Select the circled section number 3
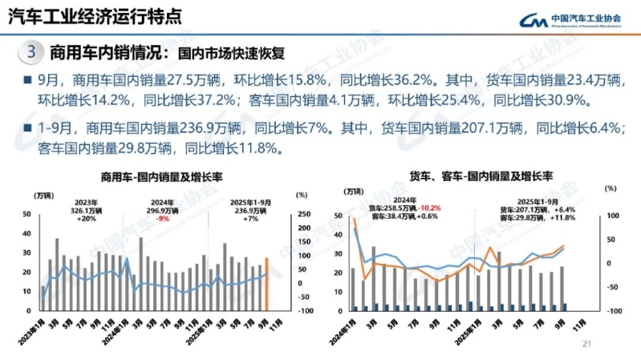tap(30, 53)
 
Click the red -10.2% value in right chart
tap(431, 207)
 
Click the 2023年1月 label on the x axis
tap(32, 328)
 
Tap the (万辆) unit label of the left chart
tap(45, 194)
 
